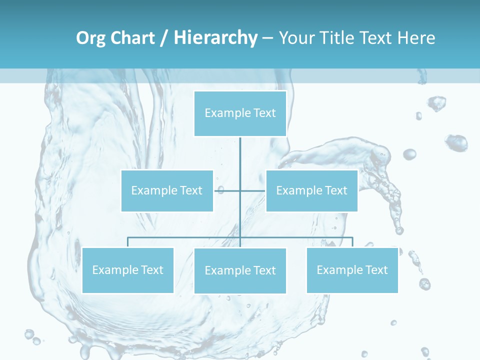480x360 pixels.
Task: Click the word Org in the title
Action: [90, 38]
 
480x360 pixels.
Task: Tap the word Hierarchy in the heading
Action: [215, 38]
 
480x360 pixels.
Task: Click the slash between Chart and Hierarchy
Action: [164, 38]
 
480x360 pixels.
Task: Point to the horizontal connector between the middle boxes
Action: [252, 190]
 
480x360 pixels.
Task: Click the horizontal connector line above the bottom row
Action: [185, 237]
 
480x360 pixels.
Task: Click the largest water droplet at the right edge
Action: [456, 143]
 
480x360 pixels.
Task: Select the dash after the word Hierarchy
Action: [267, 38]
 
